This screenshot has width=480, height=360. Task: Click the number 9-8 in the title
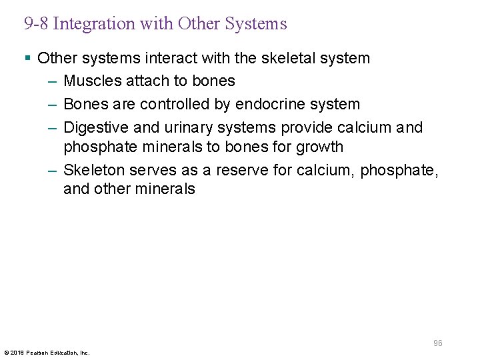[x=36, y=24]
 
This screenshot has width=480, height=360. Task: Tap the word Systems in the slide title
[x=255, y=24]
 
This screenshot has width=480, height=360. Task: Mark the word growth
[x=321, y=147]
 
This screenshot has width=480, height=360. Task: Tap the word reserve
[x=244, y=170]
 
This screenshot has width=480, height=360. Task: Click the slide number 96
[x=437, y=343]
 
